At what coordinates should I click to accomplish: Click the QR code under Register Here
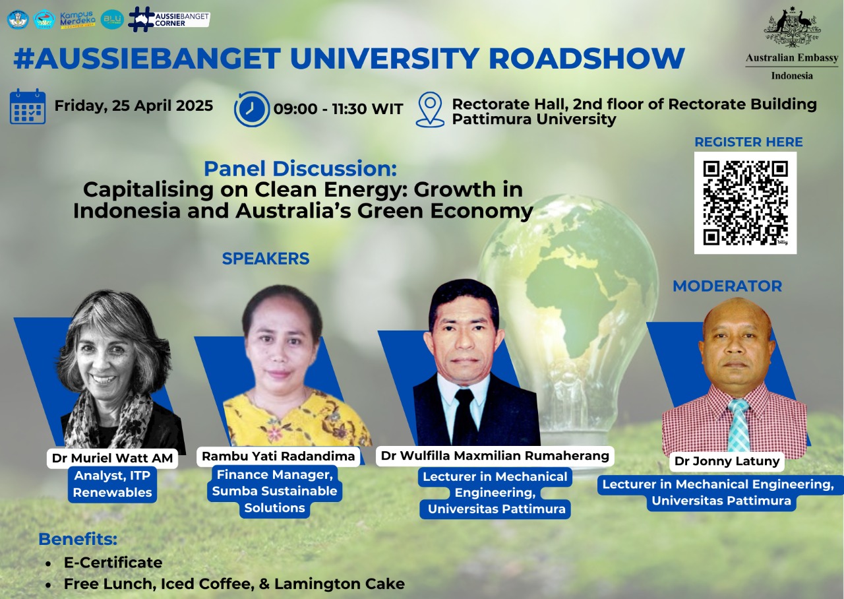click(x=745, y=203)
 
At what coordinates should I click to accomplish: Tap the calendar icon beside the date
click(x=28, y=107)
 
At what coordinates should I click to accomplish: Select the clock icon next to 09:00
click(x=252, y=109)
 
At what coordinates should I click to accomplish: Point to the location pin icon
click(x=431, y=110)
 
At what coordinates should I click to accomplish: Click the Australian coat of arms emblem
click(x=792, y=26)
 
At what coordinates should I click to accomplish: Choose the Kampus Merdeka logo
click(x=78, y=19)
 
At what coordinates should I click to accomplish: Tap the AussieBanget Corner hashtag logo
click(x=168, y=19)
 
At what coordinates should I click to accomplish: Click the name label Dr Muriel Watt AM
click(x=112, y=458)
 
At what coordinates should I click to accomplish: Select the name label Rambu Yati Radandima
click(x=278, y=456)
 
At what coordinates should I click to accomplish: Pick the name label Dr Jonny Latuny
click(x=727, y=460)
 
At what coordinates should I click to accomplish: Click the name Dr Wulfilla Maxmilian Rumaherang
click(x=495, y=456)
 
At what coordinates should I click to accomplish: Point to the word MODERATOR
click(x=727, y=286)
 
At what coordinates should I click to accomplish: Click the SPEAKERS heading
click(x=266, y=259)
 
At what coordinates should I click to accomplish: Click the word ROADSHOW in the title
click(x=587, y=59)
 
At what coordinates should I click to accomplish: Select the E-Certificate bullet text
click(x=113, y=563)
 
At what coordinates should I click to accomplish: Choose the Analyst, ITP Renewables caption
click(x=112, y=484)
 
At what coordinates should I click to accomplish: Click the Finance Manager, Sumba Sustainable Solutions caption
click(x=275, y=491)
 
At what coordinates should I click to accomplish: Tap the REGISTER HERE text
click(x=748, y=142)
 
